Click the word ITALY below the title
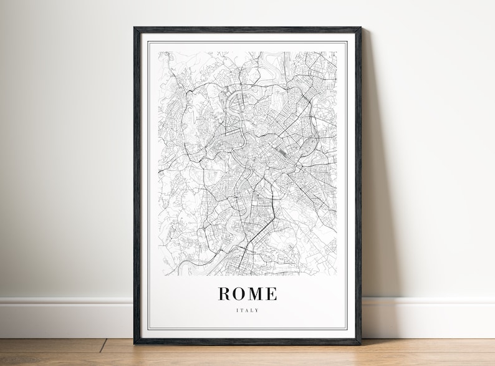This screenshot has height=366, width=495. click(x=247, y=310)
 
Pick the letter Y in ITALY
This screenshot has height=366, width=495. click(x=257, y=310)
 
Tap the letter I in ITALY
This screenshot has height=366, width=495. click(x=238, y=310)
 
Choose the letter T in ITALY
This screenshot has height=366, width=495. click(x=242, y=310)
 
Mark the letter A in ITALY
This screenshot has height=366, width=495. click(x=247, y=310)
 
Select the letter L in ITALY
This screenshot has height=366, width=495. click(x=252, y=310)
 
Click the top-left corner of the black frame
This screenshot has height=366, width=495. click(x=135, y=28)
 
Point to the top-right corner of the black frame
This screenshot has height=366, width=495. click(x=360, y=28)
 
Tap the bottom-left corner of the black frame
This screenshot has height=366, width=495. click(x=135, y=343)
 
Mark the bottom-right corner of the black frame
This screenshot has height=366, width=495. click(x=360, y=343)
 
